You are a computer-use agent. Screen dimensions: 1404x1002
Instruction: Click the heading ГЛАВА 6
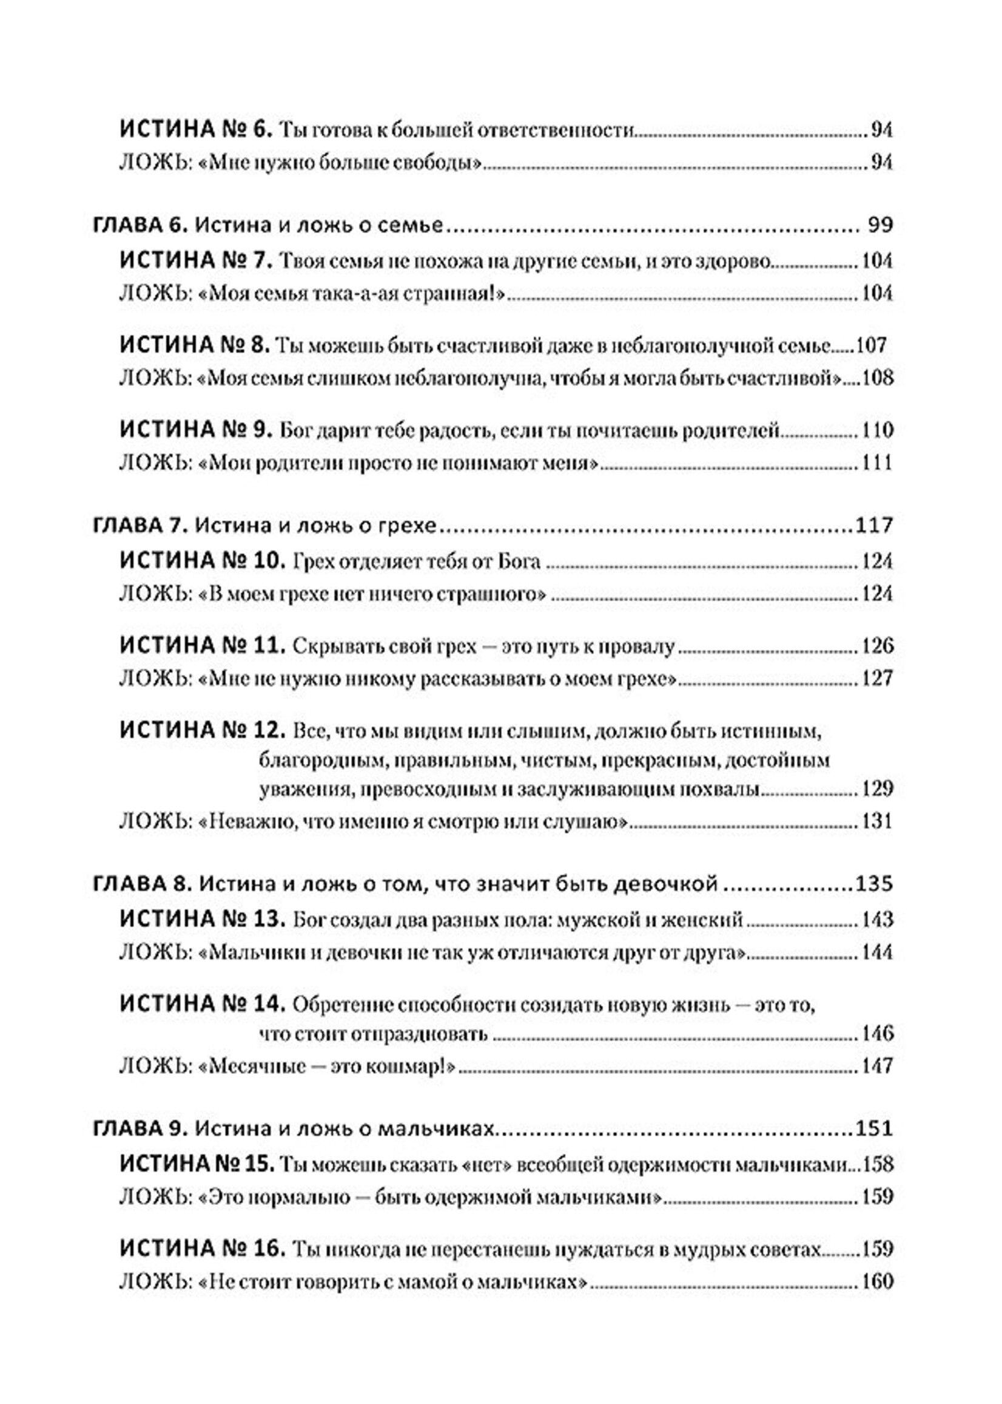click(x=140, y=225)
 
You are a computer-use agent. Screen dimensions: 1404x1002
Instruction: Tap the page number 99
click(x=880, y=225)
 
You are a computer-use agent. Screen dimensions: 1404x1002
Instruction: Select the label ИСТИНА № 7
click(x=195, y=260)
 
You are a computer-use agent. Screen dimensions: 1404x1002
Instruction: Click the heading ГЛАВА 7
click(x=140, y=526)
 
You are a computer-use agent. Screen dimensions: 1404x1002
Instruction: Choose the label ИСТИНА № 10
click(x=202, y=561)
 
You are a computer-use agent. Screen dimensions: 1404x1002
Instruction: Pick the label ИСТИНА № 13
click(x=202, y=920)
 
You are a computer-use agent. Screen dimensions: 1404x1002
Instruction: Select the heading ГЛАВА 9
click(x=140, y=1129)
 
